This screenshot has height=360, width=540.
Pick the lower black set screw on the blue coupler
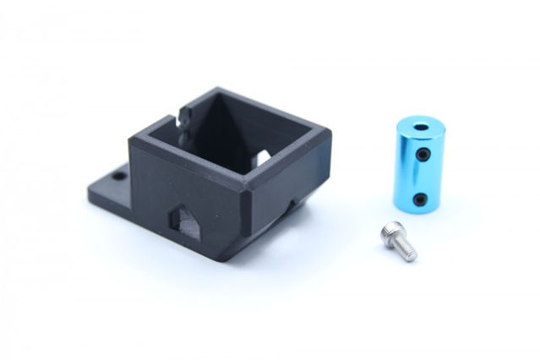pyautogui.click(x=422, y=199)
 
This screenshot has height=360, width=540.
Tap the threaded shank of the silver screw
pyautogui.click(x=404, y=246)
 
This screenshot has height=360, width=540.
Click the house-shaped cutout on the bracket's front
pyautogui.click(x=184, y=218)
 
